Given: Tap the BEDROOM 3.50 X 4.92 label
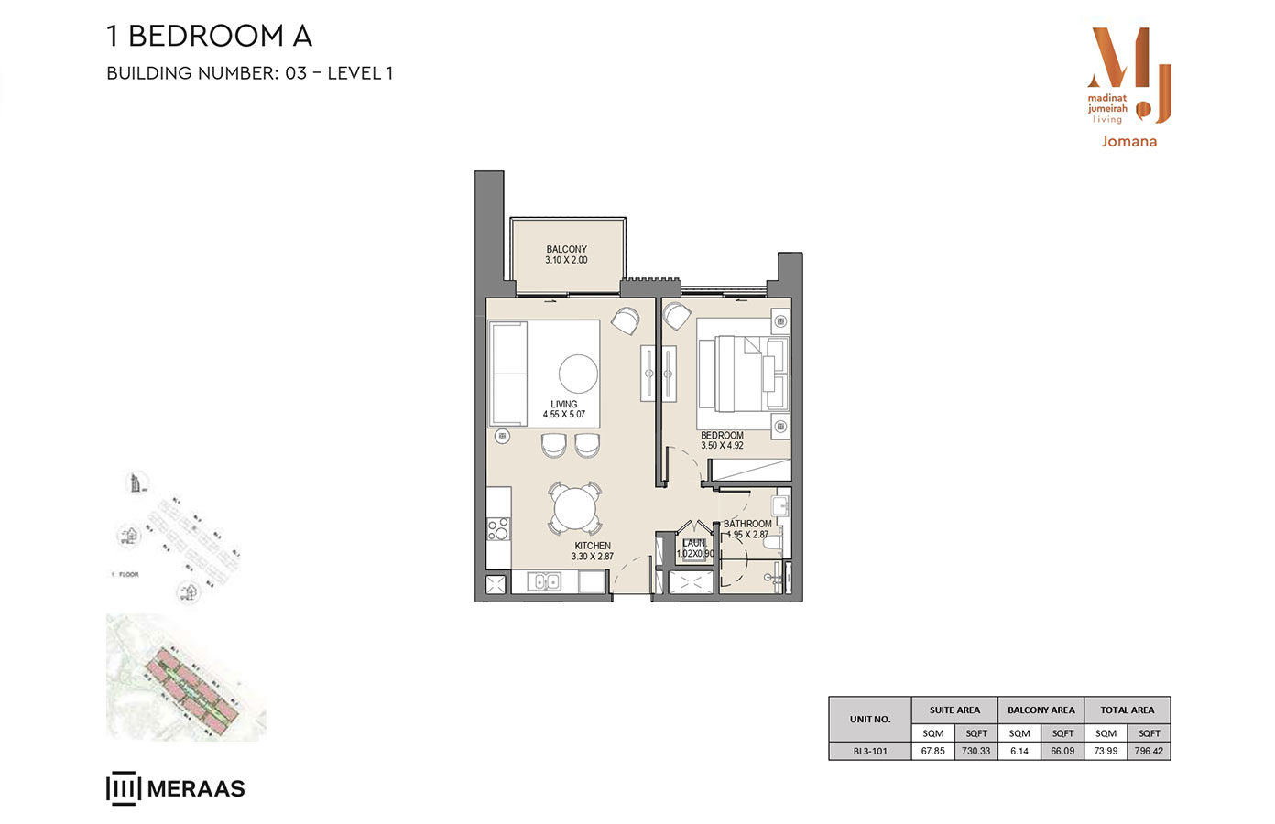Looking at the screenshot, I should click(x=722, y=440).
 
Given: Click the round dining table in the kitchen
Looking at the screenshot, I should click(x=575, y=509).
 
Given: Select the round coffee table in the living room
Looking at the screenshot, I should click(x=578, y=374).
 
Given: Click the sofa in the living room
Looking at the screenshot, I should click(x=508, y=374).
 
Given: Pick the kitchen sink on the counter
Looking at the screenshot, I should click(x=547, y=581).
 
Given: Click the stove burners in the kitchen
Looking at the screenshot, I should click(x=498, y=528).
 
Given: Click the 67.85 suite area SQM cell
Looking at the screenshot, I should click(x=932, y=751).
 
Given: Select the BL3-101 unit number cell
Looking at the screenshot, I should click(x=870, y=751).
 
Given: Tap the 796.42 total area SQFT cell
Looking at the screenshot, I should click(x=1149, y=751).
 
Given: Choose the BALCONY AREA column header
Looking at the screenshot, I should click(x=1041, y=710).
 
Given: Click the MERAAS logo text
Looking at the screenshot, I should click(x=195, y=789).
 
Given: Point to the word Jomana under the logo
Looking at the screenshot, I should click(x=1128, y=142).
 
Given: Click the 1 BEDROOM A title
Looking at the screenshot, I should click(x=210, y=36).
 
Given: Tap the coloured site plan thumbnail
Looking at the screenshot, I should click(x=186, y=678).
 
